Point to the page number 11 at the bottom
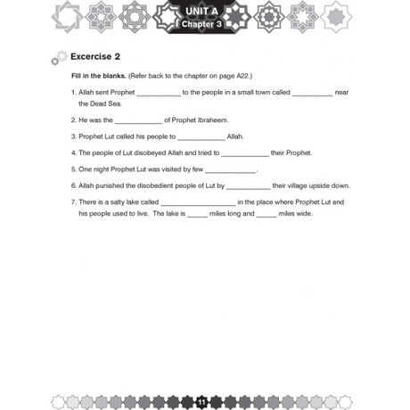click(204, 401)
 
